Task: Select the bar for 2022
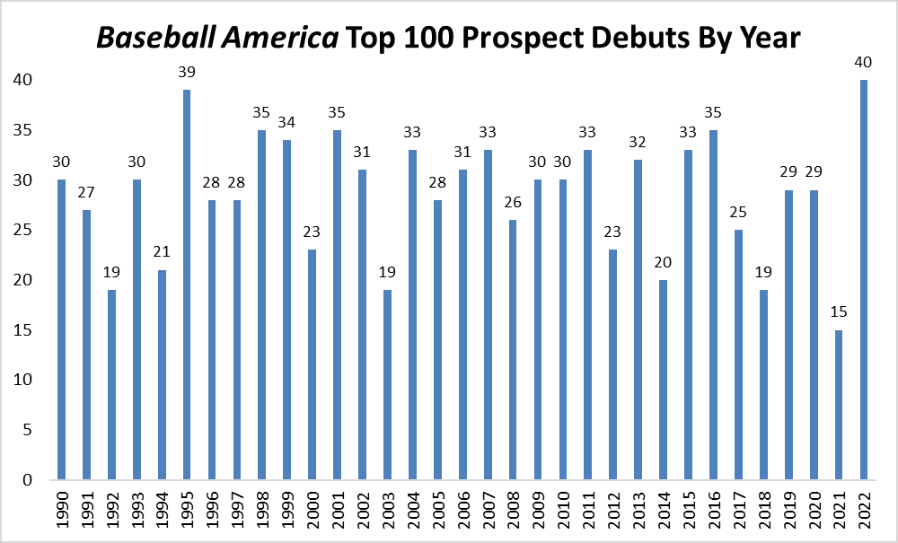coord(864,279)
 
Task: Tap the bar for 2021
coord(839,404)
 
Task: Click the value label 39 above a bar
coord(187,72)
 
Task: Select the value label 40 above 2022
coord(864,62)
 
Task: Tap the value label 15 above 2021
coord(839,311)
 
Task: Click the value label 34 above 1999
coord(287,122)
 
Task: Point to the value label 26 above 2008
coord(513,202)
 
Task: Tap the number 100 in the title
coord(408,39)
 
